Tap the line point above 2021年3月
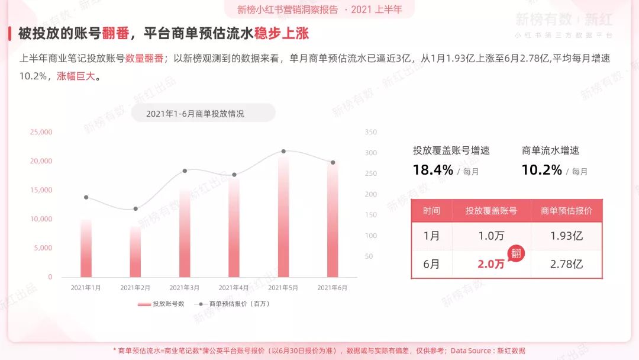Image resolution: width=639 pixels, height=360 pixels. [185, 171]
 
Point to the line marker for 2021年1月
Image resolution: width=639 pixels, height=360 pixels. [86, 197]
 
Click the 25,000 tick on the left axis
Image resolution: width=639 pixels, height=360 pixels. [41, 132]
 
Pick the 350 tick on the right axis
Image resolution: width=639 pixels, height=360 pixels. [371, 132]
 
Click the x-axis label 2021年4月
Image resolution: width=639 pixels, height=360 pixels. [234, 288]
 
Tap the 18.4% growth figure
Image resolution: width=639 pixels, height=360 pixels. [433, 171]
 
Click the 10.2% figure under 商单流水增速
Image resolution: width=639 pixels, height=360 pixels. [541, 171]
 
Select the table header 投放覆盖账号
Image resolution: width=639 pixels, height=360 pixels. [490, 211]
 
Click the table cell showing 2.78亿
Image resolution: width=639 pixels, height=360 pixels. [566, 264]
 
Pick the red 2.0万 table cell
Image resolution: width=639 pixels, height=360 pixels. [490, 264]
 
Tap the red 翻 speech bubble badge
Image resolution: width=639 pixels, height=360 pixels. [516, 252]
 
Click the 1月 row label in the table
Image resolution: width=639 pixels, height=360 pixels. [431, 236]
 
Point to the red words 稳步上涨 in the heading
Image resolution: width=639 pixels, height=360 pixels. [282, 33]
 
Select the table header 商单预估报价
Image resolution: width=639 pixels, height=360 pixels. [566, 211]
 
